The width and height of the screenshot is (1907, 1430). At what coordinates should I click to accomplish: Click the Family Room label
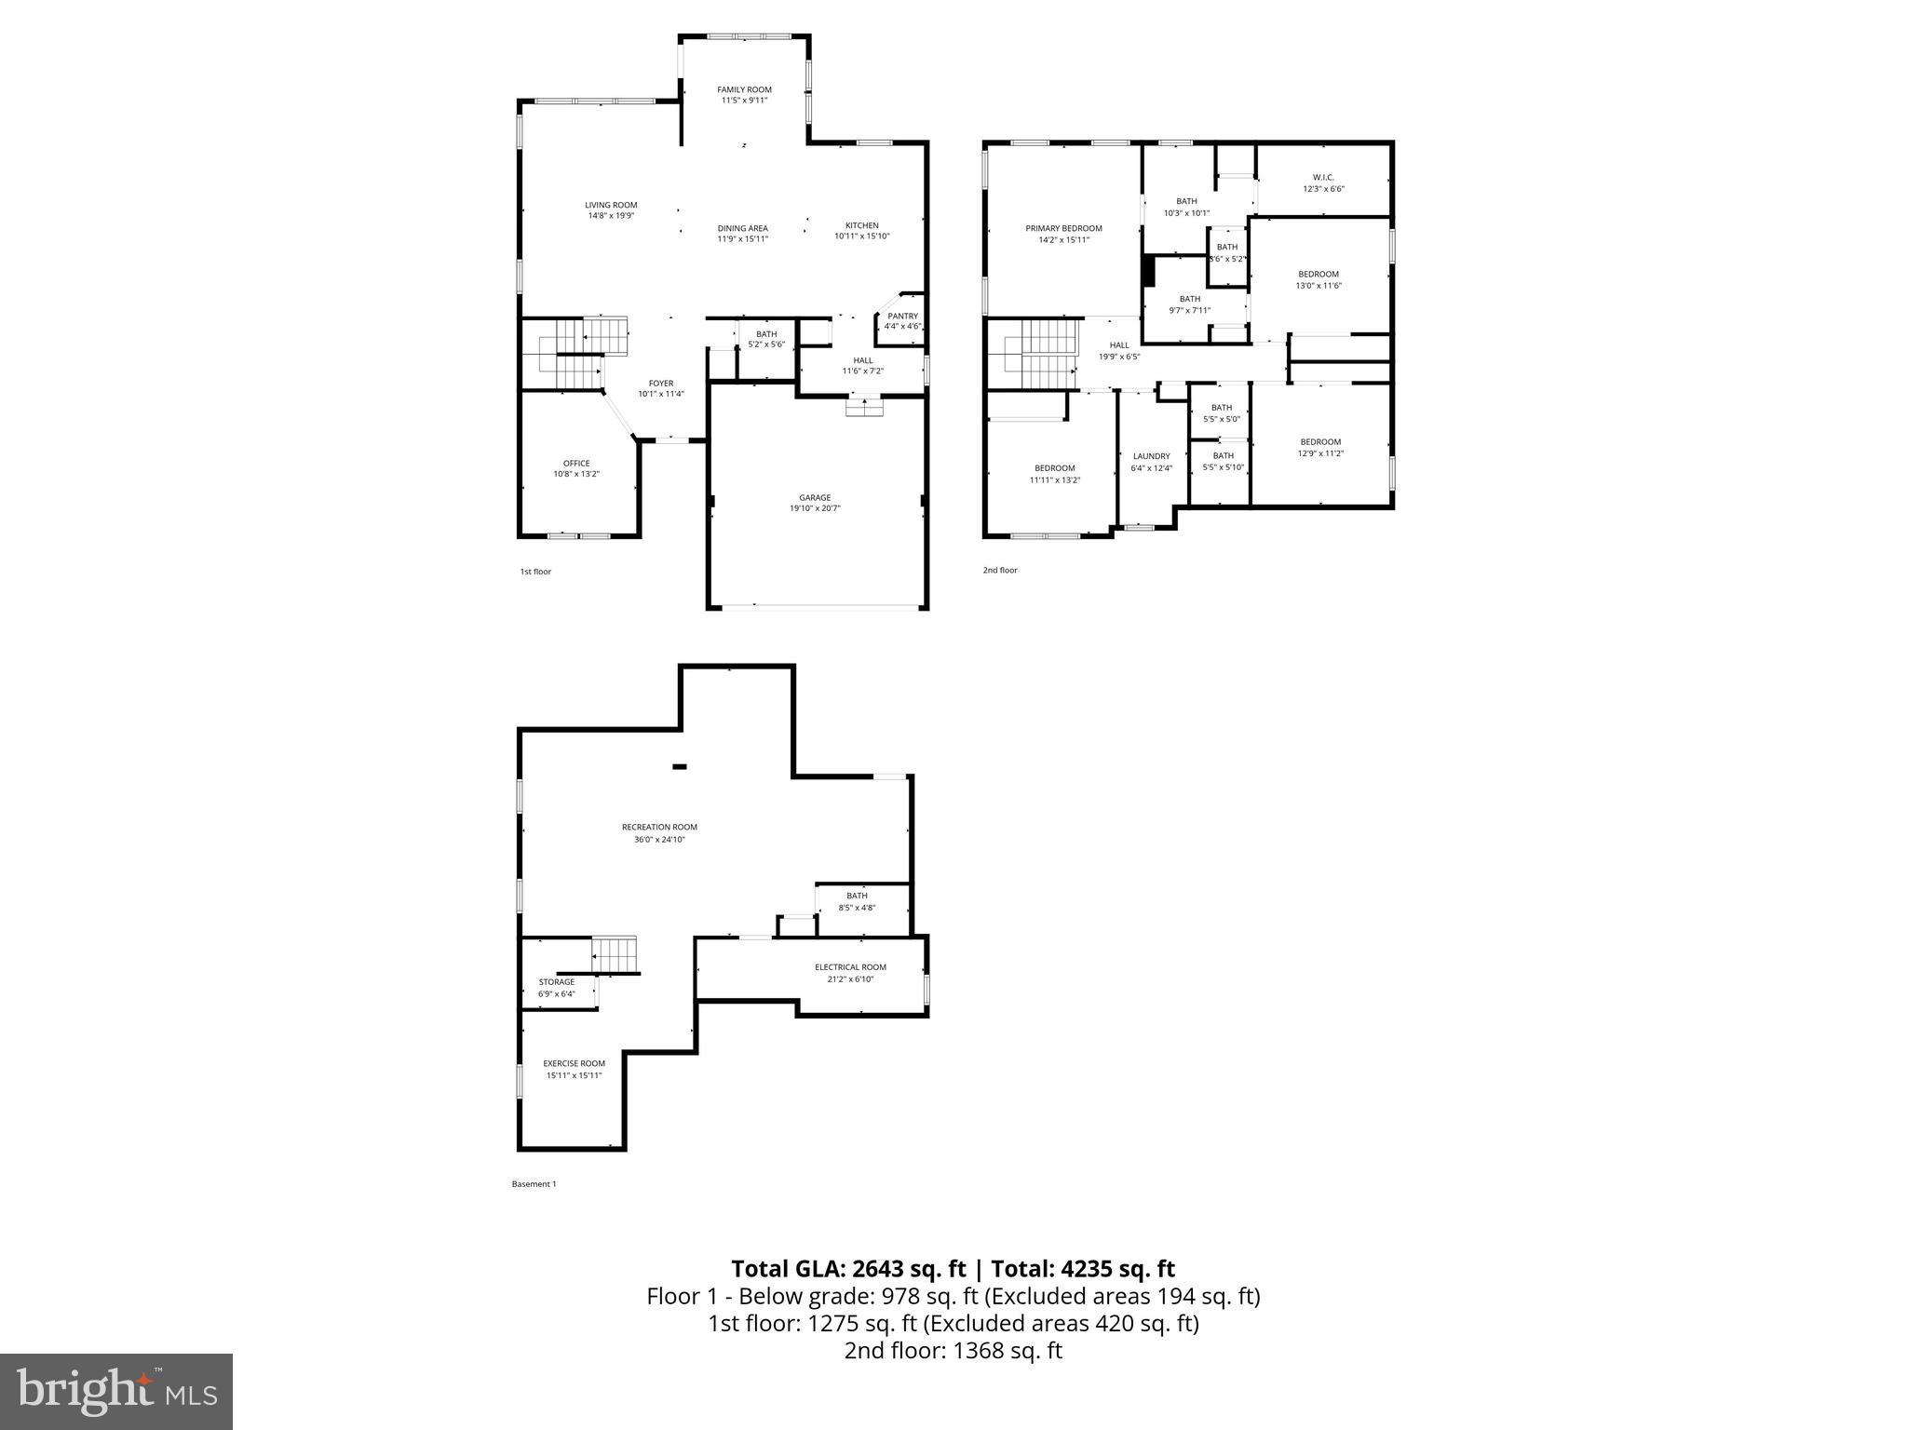[x=744, y=89]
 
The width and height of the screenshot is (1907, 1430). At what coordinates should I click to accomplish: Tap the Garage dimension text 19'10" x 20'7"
[x=814, y=508]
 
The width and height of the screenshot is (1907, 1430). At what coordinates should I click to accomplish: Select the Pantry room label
[x=902, y=317]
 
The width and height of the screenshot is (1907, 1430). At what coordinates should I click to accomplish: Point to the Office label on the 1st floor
[x=576, y=463]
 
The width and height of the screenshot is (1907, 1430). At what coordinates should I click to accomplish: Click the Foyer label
[x=661, y=384]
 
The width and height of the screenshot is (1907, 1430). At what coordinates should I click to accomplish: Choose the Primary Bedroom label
[x=1063, y=228]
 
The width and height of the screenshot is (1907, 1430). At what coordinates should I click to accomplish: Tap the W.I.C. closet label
[x=1323, y=177]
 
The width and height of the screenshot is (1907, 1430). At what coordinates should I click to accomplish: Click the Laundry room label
[x=1151, y=456]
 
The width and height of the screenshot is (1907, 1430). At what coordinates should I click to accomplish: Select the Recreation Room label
[x=659, y=827]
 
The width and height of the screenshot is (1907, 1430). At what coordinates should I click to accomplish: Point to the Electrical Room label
[x=850, y=967]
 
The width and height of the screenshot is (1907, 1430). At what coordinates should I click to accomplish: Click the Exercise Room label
[x=575, y=1063]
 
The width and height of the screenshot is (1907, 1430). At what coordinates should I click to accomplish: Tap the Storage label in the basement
[x=557, y=982]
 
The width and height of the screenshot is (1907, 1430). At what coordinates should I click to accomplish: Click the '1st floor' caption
[x=535, y=572]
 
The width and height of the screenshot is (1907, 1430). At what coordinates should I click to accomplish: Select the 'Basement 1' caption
[x=534, y=1184]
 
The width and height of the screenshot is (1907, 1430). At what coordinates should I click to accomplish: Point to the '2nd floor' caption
[x=1000, y=570]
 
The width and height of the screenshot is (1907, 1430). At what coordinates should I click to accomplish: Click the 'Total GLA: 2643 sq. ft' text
[x=850, y=1269]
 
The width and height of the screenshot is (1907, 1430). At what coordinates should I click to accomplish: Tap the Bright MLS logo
[x=116, y=1392]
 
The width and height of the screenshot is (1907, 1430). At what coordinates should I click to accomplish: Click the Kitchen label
[x=861, y=225]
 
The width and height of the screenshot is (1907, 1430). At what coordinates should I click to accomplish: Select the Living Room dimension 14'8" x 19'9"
[x=611, y=216]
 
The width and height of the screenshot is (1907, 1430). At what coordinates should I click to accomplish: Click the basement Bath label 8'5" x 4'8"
[x=857, y=908]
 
